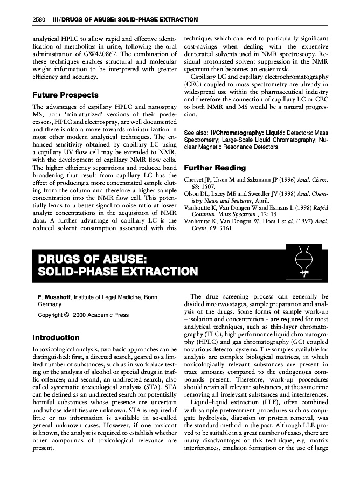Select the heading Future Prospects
pos(66,95)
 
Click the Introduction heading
pos(56,338)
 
